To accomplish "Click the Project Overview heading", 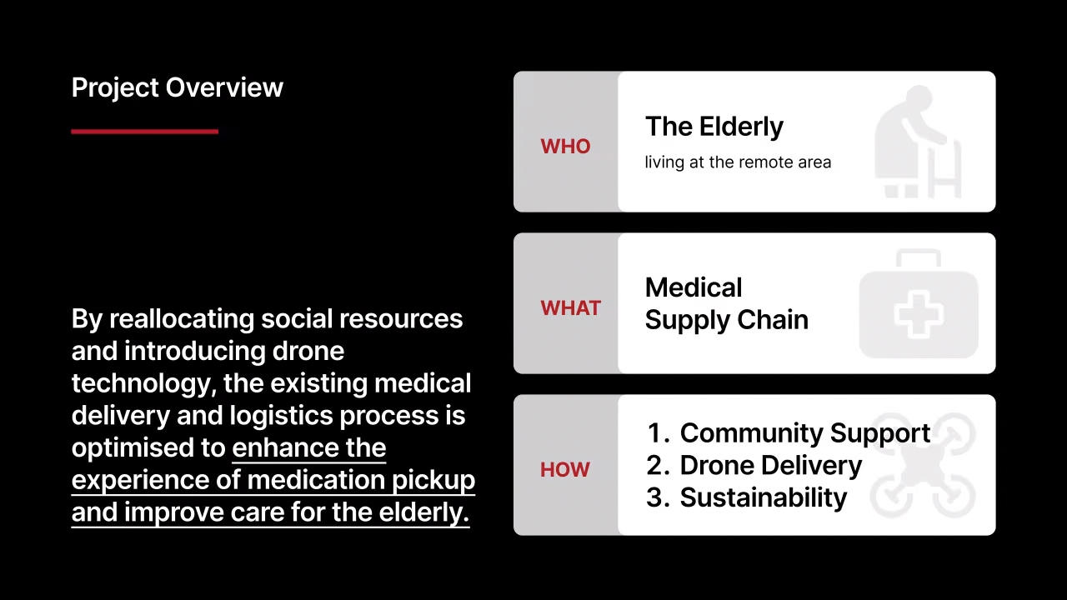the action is click(x=178, y=88).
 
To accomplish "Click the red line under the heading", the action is click(x=145, y=132).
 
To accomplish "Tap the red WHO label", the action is click(x=565, y=146).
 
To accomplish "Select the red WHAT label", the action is click(x=571, y=308).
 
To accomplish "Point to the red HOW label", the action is click(x=565, y=469).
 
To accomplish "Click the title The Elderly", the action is click(x=714, y=127).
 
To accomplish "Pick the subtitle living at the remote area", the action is click(x=738, y=162).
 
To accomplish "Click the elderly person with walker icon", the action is click(x=918, y=142).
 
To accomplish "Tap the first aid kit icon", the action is click(x=919, y=303).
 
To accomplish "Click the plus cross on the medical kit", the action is click(x=919, y=315).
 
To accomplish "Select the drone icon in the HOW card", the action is click(x=923, y=465).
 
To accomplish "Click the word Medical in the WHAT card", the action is click(x=694, y=287).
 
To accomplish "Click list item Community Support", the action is click(x=805, y=434).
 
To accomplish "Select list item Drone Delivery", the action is click(x=771, y=466).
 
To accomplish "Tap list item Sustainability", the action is click(x=764, y=498).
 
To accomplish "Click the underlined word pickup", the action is click(x=433, y=481).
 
